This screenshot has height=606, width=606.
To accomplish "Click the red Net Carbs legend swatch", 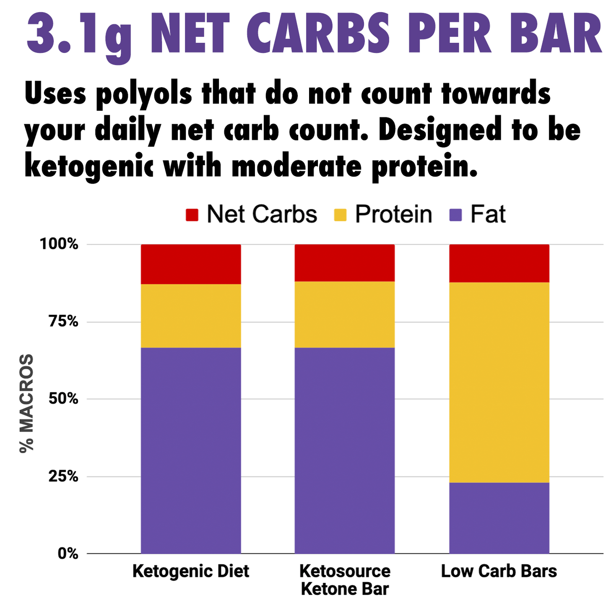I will (192, 215).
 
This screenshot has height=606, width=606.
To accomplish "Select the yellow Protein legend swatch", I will (340, 215).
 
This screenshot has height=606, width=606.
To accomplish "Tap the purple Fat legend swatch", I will (455, 215).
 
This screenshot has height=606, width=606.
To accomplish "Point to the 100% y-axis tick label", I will (59, 244).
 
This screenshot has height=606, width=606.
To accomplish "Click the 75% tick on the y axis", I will (63, 322).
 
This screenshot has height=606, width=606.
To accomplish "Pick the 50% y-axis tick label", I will (63, 399).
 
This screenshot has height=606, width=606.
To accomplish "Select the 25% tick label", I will (63, 476).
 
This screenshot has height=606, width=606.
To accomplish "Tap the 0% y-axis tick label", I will (68, 554).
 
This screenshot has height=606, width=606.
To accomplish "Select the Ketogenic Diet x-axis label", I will (191, 571).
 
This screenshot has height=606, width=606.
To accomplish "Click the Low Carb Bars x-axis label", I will (499, 571).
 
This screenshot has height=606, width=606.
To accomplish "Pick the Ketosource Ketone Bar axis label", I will (345, 580).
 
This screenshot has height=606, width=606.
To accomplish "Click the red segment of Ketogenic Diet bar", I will (191, 264).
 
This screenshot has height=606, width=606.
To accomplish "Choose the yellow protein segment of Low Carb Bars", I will (499, 382).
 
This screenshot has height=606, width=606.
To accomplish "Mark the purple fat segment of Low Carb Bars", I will (499, 518).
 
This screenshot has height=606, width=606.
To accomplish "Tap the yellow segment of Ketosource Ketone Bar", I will (345, 314).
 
